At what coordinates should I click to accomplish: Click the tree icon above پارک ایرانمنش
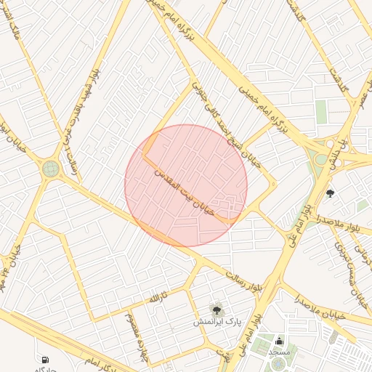pyautogui.click(x=215, y=309)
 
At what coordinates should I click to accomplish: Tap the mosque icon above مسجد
pyautogui.click(x=280, y=341)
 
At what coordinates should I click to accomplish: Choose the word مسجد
pyautogui.click(x=280, y=352)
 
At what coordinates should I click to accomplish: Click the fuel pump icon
pyautogui.click(x=46, y=359)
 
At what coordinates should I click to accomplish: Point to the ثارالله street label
pyautogui.click(x=158, y=297)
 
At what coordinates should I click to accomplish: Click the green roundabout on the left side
pyautogui.click(x=51, y=169)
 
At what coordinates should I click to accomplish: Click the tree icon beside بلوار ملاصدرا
pyautogui.click(x=331, y=193)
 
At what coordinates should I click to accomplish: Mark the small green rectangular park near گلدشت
pyautogui.click(x=321, y=113)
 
